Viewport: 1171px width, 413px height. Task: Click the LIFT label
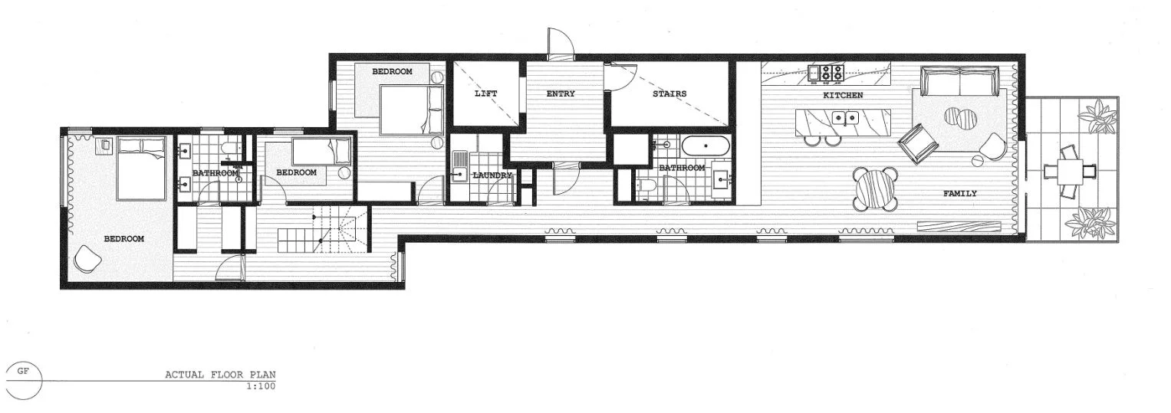pos(485,93)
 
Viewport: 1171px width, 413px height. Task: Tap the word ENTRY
pos(561,93)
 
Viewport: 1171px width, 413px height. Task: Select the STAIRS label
pos(669,93)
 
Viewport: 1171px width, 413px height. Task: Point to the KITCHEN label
pos(843,95)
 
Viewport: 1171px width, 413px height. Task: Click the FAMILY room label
pos(959,193)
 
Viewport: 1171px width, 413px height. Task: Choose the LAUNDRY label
pos(492,175)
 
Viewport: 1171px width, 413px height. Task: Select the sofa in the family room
pos(960,79)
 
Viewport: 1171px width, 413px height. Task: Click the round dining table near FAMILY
pos(876,188)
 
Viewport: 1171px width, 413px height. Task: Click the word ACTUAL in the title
pos(182,375)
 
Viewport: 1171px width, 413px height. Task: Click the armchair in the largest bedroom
pos(86,258)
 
